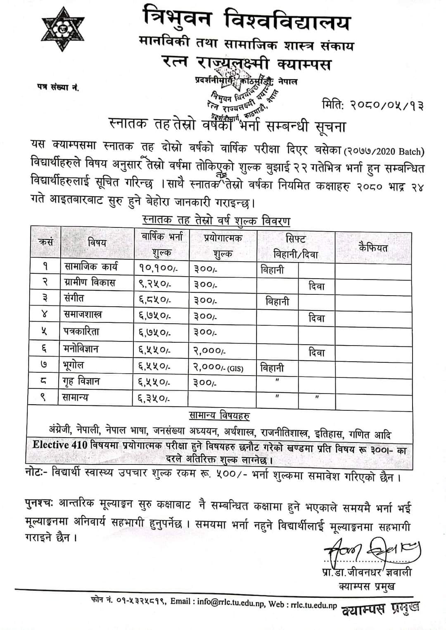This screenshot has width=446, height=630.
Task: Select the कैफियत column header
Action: point(373,248)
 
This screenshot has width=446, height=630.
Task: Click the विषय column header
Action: point(97,243)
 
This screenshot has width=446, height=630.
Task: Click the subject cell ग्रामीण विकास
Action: point(90,283)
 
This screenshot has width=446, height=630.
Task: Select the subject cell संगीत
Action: point(74,298)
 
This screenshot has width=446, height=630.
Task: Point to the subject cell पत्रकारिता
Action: point(81,332)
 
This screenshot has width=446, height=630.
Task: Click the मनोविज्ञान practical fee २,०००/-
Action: point(209,351)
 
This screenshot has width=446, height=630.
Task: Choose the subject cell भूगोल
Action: point(74,365)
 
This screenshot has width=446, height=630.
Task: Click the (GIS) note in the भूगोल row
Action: point(235,368)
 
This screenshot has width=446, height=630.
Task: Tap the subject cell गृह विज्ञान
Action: point(82,381)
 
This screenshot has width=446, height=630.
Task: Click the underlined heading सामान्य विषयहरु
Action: point(219,415)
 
